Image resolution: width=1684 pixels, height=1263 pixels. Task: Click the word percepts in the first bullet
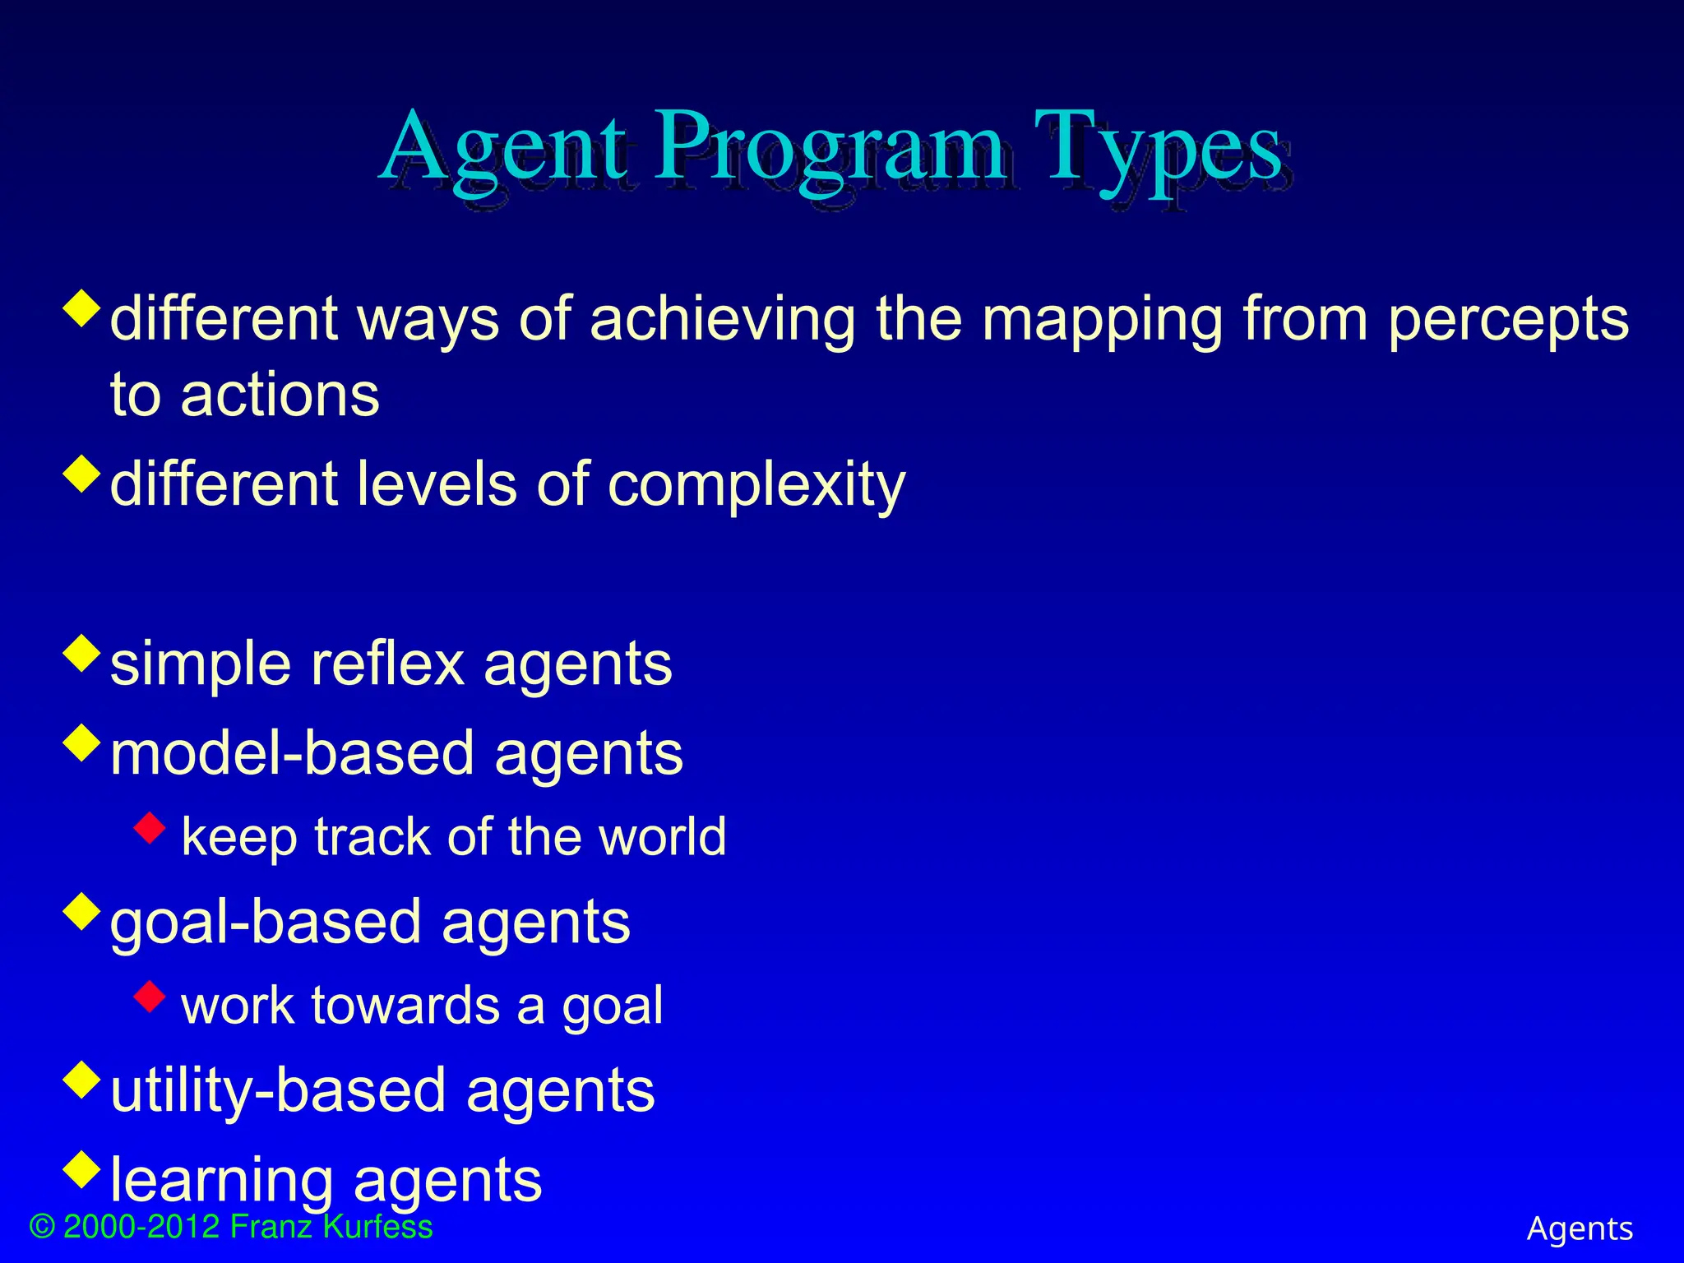(x=1508, y=321)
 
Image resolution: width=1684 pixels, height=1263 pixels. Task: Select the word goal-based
(x=266, y=923)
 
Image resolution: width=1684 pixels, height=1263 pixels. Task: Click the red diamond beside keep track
(x=150, y=828)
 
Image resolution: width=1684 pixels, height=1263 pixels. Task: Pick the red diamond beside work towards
(x=150, y=997)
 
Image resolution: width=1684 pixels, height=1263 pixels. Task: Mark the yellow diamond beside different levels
(x=81, y=474)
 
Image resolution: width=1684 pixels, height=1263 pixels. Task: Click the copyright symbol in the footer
(x=42, y=1228)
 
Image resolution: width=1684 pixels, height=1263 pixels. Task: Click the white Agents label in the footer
(x=1580, y=1228)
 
